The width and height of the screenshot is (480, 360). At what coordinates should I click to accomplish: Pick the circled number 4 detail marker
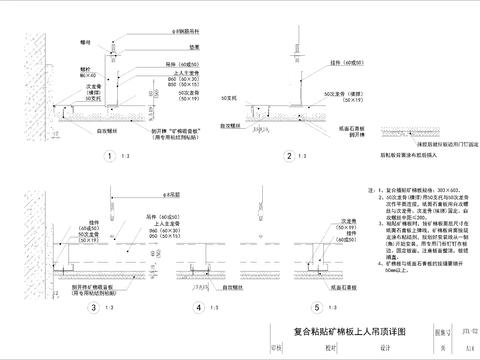pyautogui.click(x=200, y=308)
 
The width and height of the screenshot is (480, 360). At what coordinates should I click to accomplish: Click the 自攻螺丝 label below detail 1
pyautogui.click(x=108, y=129)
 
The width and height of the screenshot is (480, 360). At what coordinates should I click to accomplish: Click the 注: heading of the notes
pyautogui.click(x=371, y=187)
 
